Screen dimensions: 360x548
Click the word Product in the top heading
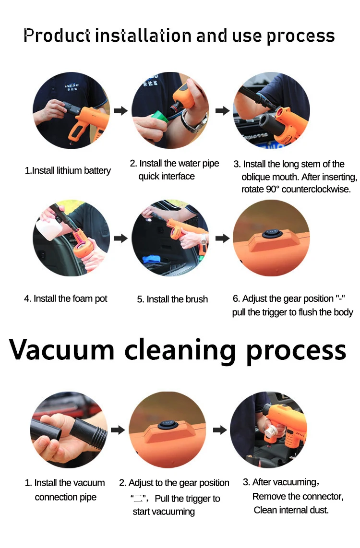[x=57, y=36]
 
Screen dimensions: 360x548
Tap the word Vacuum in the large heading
[x=62, y=349]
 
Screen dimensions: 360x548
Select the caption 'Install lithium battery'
[x=72, y=170]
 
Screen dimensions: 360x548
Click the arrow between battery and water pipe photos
[x=120, y=111]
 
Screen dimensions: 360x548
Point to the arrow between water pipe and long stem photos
[x=222, y=111]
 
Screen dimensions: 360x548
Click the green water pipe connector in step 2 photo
[x=159, y=116]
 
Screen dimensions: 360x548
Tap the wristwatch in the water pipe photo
[x=193, y=122]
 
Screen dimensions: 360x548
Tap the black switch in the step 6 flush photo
[x=272, y=233]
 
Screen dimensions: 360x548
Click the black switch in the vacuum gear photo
[x=168, y=425]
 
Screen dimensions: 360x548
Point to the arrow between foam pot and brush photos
[x=120, y=238]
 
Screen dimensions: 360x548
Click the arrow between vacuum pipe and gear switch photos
[x=118, y=430]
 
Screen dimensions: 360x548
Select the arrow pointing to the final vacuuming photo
[x=220, y=430]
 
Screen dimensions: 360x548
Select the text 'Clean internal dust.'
[x=291, y=510]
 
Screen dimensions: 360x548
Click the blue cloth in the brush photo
[x=151, y=259]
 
